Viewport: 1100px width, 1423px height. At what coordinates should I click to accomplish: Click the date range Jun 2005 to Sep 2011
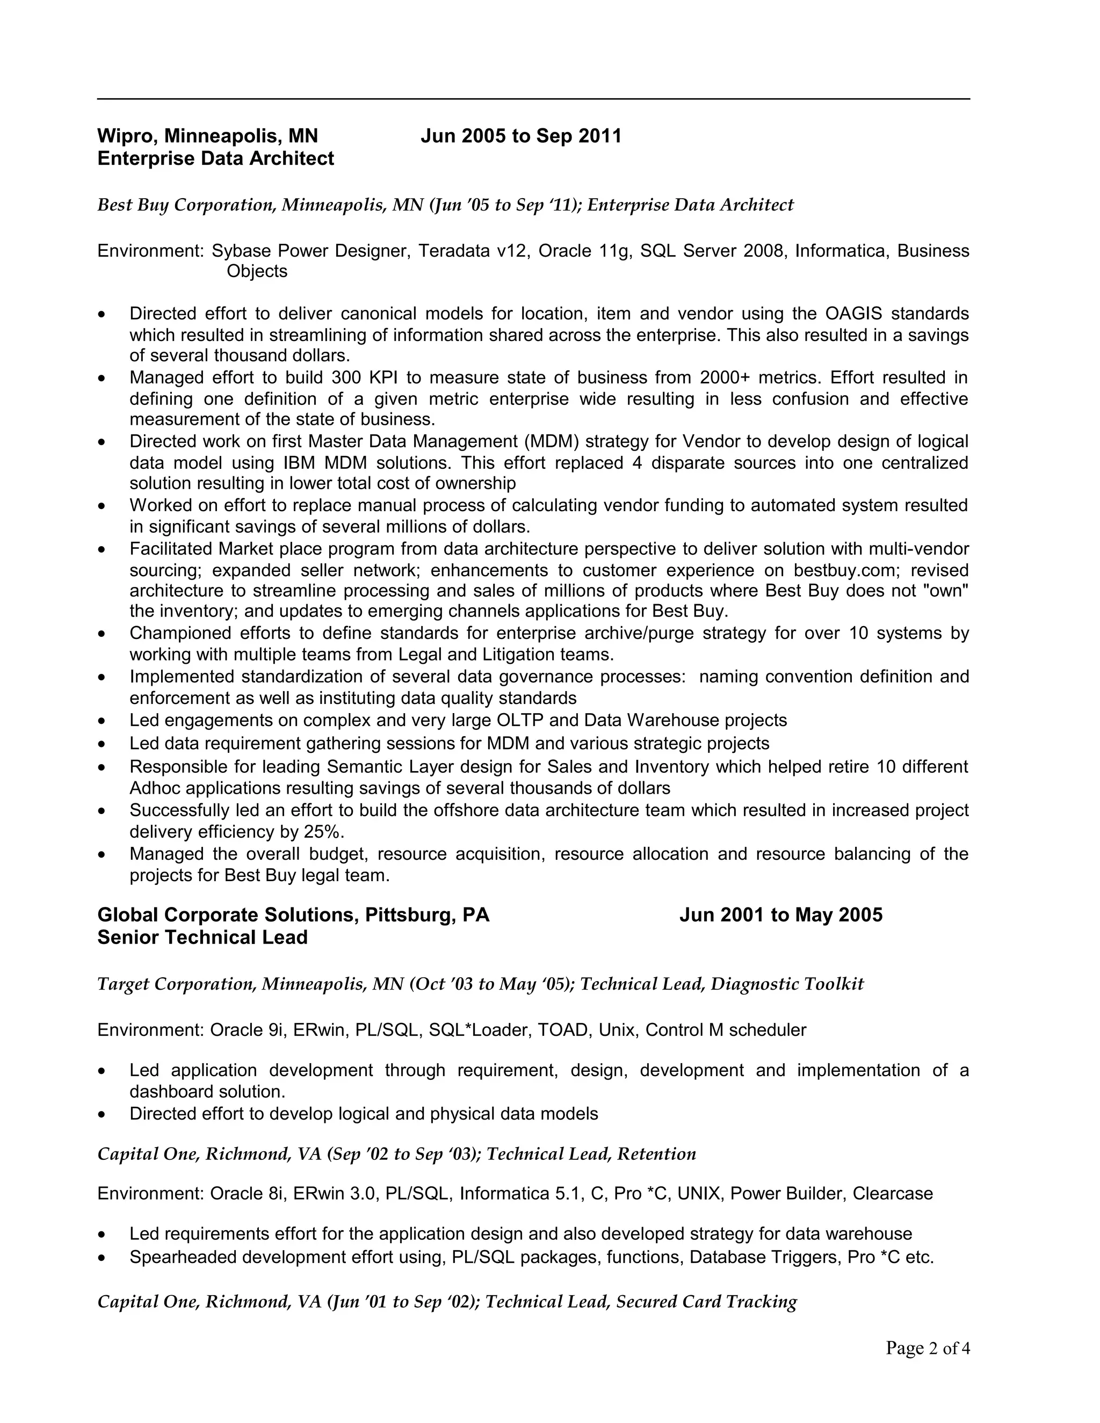point(520,136)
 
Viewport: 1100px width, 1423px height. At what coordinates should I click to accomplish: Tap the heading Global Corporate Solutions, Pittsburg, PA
point(293,915)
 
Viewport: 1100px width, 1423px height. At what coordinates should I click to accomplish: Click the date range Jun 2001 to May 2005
point(780,915)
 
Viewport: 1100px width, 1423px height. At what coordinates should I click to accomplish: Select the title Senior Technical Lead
point(202,938)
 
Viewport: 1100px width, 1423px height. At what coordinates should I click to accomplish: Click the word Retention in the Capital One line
point(656,1154)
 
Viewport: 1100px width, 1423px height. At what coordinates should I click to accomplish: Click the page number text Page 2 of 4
point(927,1348)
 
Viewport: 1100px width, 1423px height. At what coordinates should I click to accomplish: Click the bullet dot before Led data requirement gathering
point(101,744)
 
